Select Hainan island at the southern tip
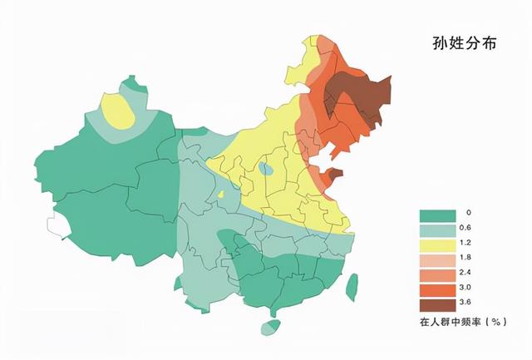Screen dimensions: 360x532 tap(271, 328)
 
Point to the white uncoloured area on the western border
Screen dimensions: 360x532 tap(57, 224)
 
